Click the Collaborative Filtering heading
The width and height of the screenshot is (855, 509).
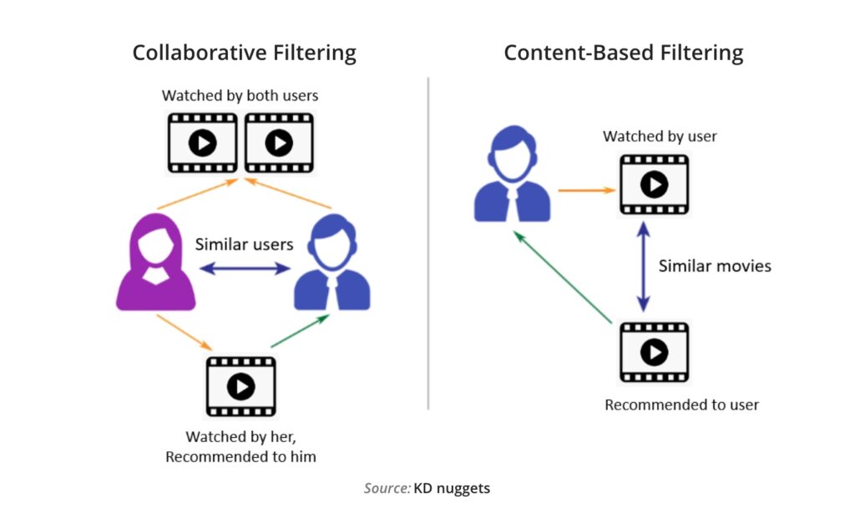[x=244, y=53]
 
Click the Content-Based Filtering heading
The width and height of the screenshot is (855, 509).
[x=623, y=53]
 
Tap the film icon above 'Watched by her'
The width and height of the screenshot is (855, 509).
[x=240, y=386]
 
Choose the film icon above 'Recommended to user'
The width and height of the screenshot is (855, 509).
[x=654, y=351]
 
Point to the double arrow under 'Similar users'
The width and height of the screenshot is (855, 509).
[x=244, y=269]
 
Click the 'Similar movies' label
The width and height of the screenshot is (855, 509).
[x=715, y=267]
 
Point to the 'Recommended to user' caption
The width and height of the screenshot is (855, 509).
[x=681, y=405]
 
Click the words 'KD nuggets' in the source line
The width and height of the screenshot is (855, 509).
[x=452, y=488]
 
